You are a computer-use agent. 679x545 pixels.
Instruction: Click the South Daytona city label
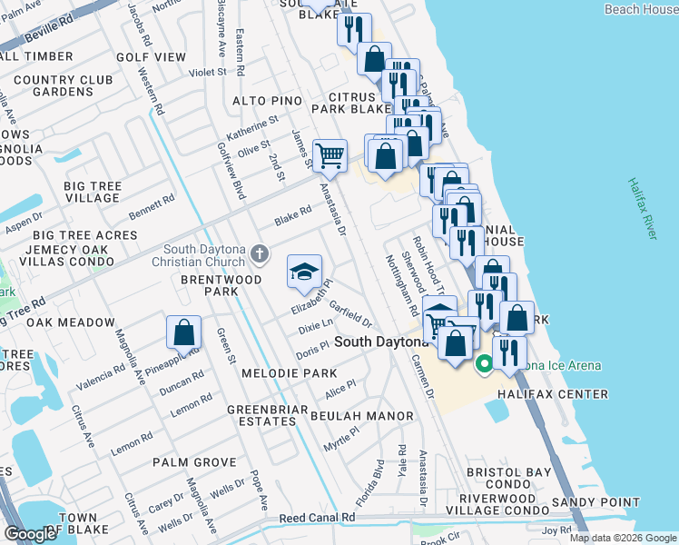(380, 342)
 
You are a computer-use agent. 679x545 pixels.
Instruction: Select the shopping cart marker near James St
(330, 155)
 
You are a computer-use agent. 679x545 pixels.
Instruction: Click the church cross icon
(261, 253)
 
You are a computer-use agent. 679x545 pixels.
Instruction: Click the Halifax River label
(641, 208)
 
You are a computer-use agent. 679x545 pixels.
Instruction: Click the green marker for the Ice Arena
(484, 365)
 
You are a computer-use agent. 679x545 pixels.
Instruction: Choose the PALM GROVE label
(194, 462)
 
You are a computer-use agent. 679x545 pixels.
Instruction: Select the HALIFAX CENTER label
(564, 393)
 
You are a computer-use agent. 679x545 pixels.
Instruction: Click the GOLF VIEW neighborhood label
(151, 56)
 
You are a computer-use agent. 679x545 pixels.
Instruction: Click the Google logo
(30, 534)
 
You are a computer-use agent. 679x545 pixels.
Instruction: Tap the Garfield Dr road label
(351, 314)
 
